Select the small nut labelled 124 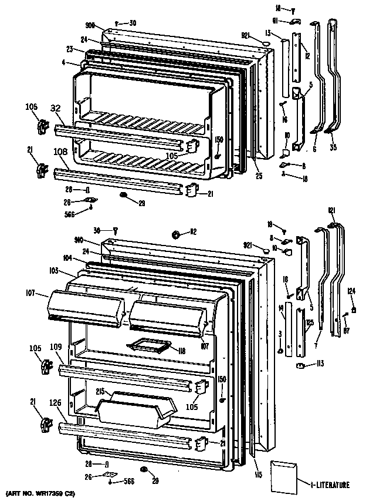(x=354, y=310)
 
